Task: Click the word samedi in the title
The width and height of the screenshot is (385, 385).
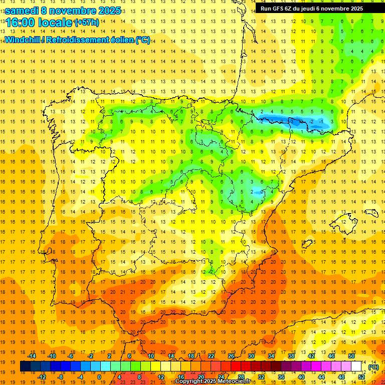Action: tap(23, 11)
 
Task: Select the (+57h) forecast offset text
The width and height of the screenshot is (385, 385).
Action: tap(87, 23)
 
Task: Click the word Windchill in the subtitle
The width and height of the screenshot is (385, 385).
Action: tap(23, 40)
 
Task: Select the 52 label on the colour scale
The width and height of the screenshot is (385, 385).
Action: tap(361, 376)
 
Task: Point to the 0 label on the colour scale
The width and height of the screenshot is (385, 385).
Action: tap(99, 376)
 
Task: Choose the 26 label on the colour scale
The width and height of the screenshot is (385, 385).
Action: tap(231, 356)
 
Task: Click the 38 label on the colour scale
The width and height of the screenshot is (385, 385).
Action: tap(291, 356)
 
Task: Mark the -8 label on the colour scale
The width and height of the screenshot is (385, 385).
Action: tap(61, 376)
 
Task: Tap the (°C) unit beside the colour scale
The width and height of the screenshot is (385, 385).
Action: tap(373, 367)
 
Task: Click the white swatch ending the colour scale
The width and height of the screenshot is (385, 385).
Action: tap(356, 366)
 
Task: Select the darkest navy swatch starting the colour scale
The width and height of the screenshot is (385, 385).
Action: tap(25, 366)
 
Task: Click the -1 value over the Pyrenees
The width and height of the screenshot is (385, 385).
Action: tap(321, 122)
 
